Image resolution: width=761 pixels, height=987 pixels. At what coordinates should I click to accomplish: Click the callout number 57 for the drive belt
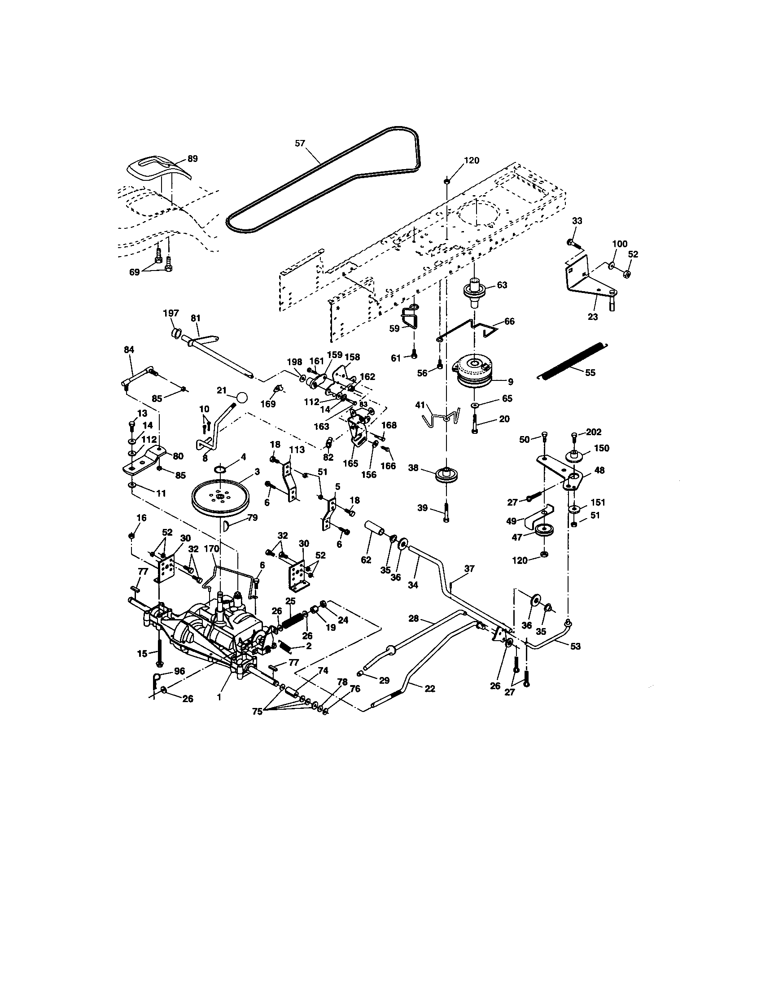click(x=300, y=143)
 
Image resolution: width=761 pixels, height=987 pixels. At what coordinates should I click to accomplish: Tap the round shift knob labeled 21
click(x=242, y=397)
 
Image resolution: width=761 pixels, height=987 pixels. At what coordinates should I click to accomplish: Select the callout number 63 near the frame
click(x=502, y=285)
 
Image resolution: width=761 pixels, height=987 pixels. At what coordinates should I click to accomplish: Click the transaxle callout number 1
click(x=219, y=697)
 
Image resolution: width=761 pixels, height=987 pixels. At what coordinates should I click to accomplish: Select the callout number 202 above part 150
click(x=593, y=432)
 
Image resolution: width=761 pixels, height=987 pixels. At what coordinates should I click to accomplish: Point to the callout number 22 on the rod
click(x=430, y=688)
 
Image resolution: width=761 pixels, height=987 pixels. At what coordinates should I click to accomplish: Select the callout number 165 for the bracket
click(x=350, y=463)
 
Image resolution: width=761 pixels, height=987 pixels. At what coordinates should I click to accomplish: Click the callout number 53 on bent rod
click(x=575, y=646)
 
